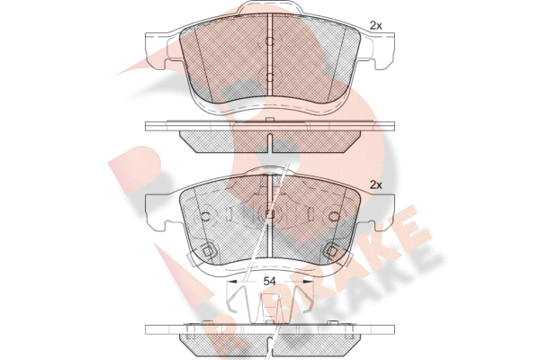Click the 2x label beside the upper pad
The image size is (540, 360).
[x=375, y=25]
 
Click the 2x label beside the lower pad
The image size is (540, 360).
[x=375, y=185]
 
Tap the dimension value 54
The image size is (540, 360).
[x=270, y=282]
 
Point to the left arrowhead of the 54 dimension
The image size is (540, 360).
[x=232, y=282]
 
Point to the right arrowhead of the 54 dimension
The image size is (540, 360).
[x=308, y=282]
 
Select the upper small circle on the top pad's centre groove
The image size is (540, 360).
[x=270, y=41]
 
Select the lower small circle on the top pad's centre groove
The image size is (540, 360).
[x=270, y=76]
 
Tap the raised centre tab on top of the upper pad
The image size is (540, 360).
[x=270, y=7]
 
